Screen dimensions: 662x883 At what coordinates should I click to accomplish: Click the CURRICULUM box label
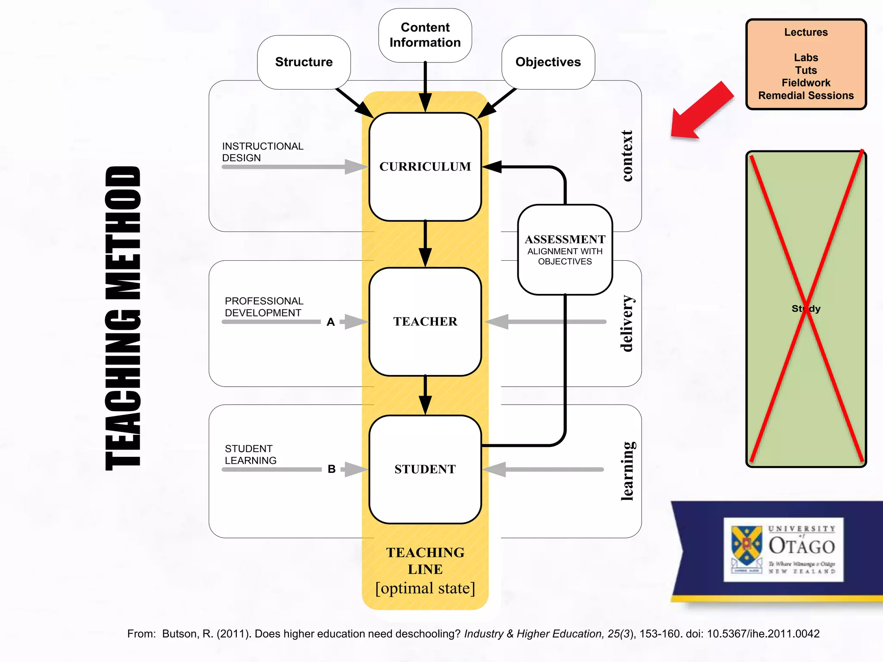425,166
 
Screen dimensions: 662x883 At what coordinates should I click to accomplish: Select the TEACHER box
425,322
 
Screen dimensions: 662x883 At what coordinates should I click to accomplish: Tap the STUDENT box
425,469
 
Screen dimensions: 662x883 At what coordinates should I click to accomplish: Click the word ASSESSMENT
565,239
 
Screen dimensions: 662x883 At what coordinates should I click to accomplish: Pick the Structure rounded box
304,62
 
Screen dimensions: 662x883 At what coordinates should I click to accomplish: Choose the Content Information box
425,35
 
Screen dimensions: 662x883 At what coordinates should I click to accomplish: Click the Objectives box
548,62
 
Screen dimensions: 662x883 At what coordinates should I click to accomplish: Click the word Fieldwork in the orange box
806,83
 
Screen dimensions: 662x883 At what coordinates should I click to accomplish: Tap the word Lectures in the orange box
806,32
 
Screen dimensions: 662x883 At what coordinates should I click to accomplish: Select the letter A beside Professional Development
331,322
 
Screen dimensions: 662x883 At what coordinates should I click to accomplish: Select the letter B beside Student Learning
332,469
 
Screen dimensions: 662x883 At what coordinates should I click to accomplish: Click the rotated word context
627,156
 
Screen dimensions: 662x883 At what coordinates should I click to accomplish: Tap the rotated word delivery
627,323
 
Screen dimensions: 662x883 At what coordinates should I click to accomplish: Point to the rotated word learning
627,471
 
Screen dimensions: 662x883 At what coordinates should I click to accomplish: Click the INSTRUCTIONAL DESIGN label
263,152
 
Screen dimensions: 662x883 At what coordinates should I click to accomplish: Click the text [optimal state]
425,588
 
